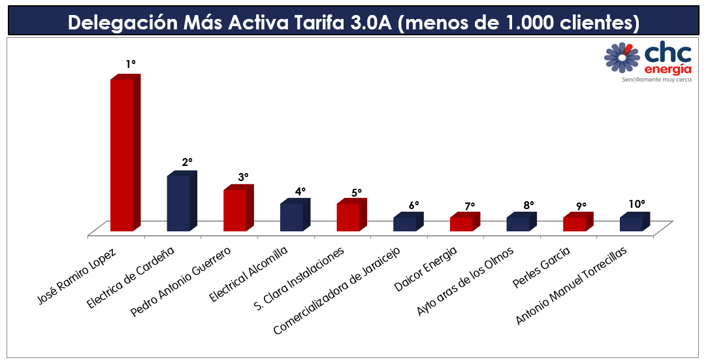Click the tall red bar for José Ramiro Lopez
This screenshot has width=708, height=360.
pyautogui.click(x=122, y=154)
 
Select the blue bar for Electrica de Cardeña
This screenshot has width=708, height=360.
pyautogui.click(x=178, y=203)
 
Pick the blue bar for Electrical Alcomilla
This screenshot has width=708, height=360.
pyautogui.click(x=291, y=217)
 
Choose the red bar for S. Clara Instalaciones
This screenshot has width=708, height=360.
pyautogui.click(x=348, y=217)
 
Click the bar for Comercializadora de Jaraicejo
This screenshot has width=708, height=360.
pyautogui.click(x=405, y=223)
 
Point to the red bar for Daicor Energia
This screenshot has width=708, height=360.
pyautogui.click(x=461, y=223)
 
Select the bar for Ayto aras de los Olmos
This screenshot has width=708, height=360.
pyautogui.click(x=518, y=223)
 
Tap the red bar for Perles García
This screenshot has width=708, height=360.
pyautogui.click(x=575, y=223)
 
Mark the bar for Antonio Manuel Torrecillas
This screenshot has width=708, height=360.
pyautogui.click(x=631, y=223)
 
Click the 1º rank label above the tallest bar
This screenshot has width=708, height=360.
pyautogui.click(x=131, y=64)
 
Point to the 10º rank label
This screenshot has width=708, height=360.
pyautogui.click(x=637, y=204)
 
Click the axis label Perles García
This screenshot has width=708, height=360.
pyautogui.click(x=560, y=267)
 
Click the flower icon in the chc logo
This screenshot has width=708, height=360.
pyautogui.click(x=622, y=57)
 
